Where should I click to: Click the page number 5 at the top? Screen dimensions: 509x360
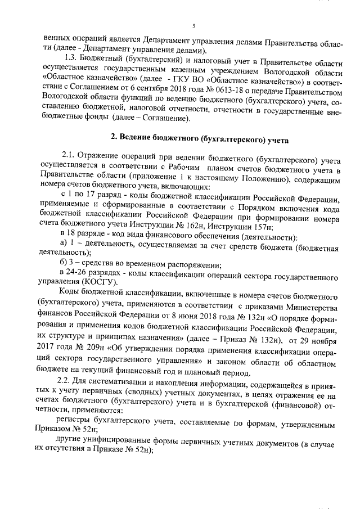pos(193,26)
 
